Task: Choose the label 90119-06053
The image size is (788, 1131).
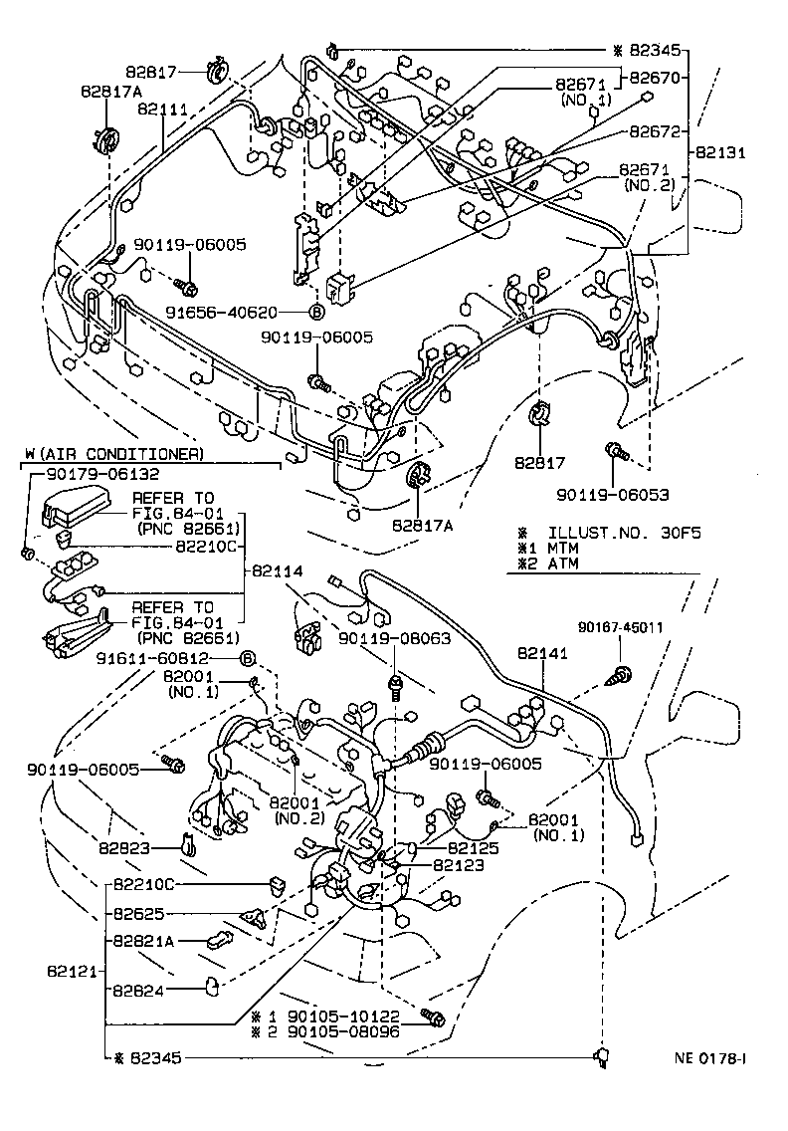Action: (613, 494)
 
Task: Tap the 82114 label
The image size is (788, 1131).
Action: (278, 571)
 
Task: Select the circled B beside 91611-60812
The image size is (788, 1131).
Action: (249, 658)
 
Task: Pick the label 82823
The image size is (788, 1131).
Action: (124, 847)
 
